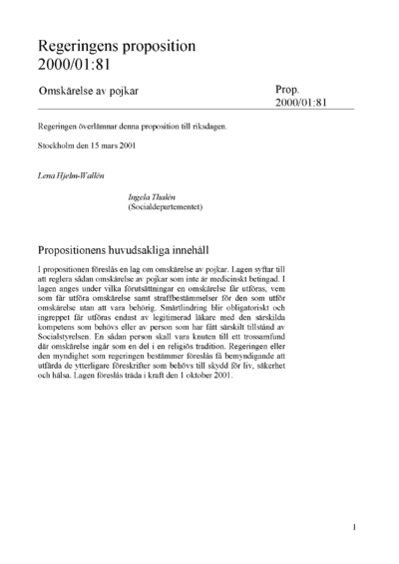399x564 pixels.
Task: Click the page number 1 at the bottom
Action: click(x=355, y=525)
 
